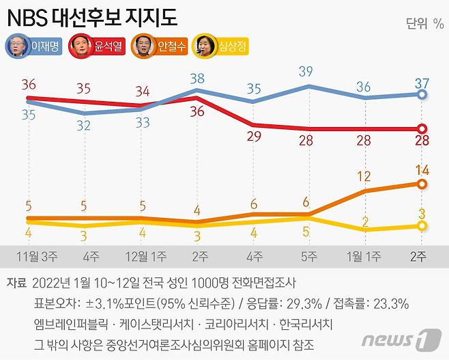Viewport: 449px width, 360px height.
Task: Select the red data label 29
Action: pos(254,137)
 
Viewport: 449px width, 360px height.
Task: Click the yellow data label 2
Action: pos(366,221)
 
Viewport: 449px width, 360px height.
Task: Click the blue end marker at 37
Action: pos(422,94)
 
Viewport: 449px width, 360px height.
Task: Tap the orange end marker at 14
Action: pos(422,184)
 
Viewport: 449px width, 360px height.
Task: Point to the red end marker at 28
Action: pos(422,128)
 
